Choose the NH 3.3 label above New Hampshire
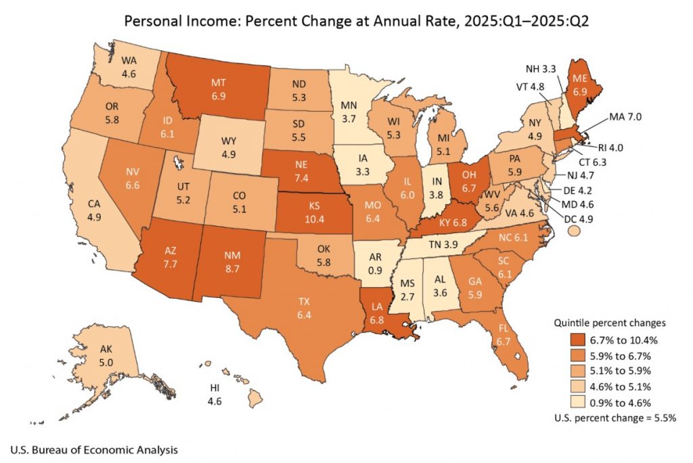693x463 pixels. pyautogui.click(x=541, y=68)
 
